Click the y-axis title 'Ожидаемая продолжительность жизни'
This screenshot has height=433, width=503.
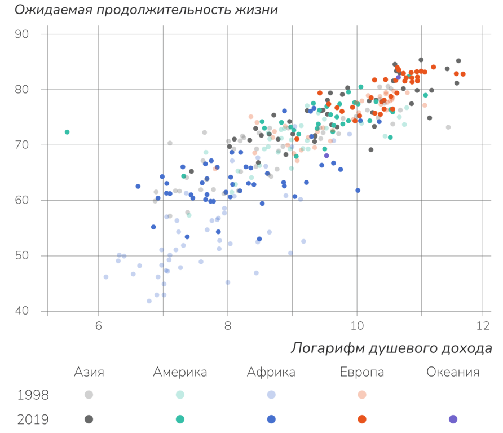pyautogui.click(x=145, y=10)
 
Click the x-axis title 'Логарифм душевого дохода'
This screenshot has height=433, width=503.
pyautogui.click(x=391, y=349)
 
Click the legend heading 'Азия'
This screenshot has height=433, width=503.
pyautogui.click(x=89, y=372)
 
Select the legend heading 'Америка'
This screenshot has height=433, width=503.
pyautogui.click(x=180, y=372)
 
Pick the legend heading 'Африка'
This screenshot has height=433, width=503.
pyautogui.click(x=271, y=372)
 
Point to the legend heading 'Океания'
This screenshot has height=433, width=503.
pyautogui.click(x=453, y=372)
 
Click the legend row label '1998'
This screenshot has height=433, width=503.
pyautogui.click(x=33, y=395)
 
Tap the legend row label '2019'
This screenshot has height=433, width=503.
pyautogui.click(x=33, y=419)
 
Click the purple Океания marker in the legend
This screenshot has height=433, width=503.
pyautogui.click(x=453, y=419)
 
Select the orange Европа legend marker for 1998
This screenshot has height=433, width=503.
pyautogui.click(x=362, y=395)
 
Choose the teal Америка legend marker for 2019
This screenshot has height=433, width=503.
pyautogui.click(x=180, y=419)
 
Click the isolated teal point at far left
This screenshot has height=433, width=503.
pyautogui.click(x=67, y=132)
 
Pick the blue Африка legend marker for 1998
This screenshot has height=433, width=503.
pyautogui.click(x=271, y=395)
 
